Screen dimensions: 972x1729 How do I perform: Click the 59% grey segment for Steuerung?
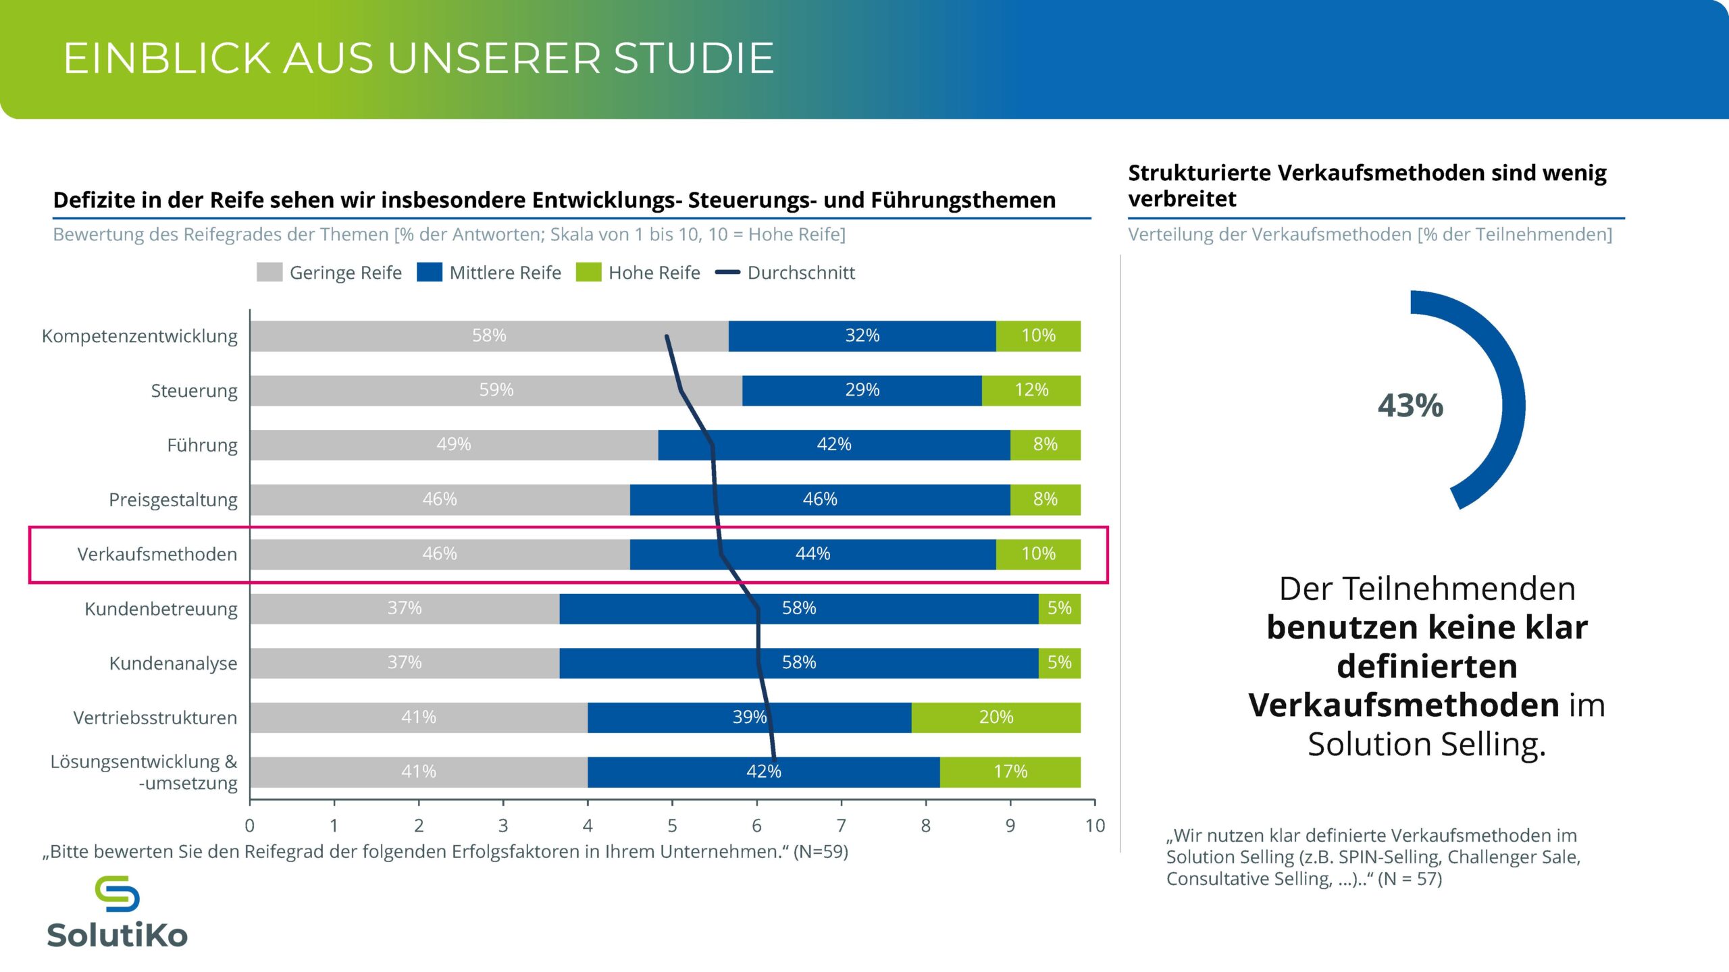pyautogui.click(x=496, y=390)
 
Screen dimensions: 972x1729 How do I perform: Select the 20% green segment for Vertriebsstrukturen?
pyautogui.click(x=996, y=717)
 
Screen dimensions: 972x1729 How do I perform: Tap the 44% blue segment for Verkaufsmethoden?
pyautogui.click(x=812, y=553)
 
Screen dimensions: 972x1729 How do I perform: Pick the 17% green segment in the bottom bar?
pyautogui.click(x=1010, y=772)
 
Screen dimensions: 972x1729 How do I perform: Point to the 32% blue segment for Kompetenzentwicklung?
pyautogui.click(x=862, y=335)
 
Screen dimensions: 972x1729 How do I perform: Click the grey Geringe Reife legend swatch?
pyautogui.click(x=269, y=273)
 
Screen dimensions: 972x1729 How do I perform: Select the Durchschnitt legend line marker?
pyautogui.click(x=727, y=273)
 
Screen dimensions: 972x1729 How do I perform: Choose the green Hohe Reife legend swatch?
pyautogui.click(x=588, y=273)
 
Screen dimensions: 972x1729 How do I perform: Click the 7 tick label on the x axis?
pyautogui.click(x=841, y=826)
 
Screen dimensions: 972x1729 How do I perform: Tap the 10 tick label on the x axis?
pyautogui.click(x=1095, y=826)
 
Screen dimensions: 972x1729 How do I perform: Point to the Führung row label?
pyautogui.click(x=202, y=446)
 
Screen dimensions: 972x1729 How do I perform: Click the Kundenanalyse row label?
pyautogui.click(x=173, y=664)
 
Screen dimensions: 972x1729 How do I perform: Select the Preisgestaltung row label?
pyautogui.click(x=173, y=500)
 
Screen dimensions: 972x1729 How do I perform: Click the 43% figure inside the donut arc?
pyautogui.click(x=1410, y=406)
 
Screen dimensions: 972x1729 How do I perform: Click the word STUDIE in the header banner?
pyautogui.click(x=693, y=58)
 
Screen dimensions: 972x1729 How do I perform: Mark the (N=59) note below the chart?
pyautogui.click(x=821, y=852)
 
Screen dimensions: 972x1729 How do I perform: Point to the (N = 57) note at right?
pyautogui.click(x=1410, y=879)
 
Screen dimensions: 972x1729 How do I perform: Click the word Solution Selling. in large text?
pyautogui.click(x=1426, y=745)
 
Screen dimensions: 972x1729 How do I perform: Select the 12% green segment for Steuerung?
pyautogui.click(x=1031, y=390)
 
